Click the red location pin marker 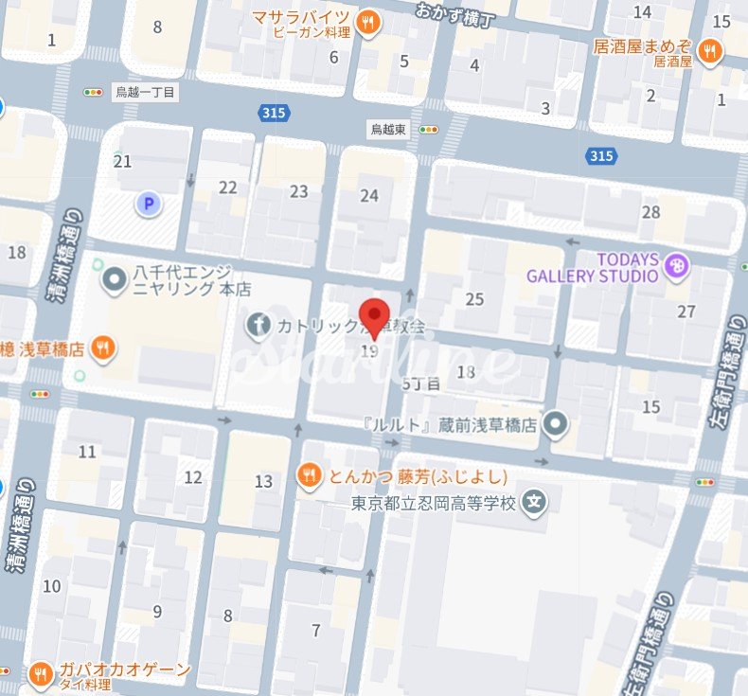377,316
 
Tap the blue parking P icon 147,203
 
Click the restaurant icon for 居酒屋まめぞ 708,50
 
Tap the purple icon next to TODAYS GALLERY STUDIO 675,266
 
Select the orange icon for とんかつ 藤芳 309,475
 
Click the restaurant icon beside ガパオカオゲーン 40,673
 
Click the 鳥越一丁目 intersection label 146,93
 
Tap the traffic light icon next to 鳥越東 429,130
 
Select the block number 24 369,195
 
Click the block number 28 650,212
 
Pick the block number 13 263,482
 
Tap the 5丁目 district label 421,384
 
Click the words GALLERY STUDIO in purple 592,276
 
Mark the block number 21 122,162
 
